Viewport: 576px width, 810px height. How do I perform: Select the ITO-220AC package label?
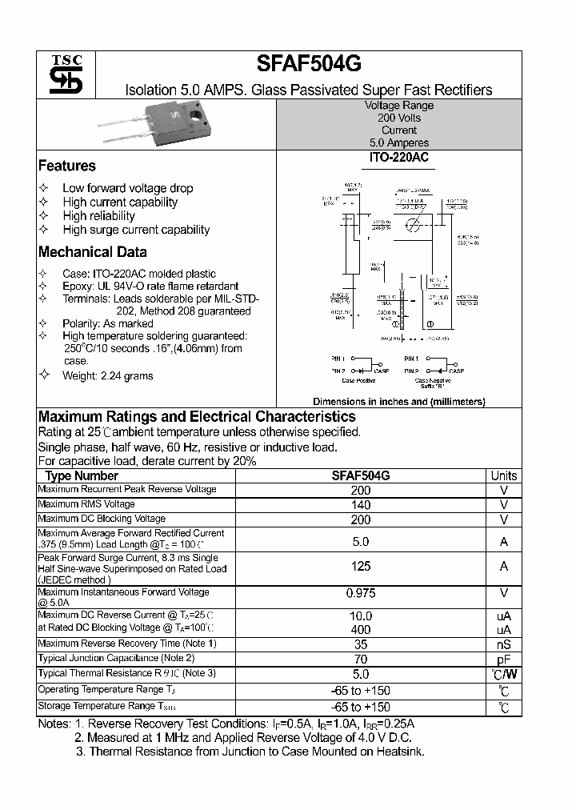point(398,158)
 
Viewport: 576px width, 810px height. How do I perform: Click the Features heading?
point(67,166)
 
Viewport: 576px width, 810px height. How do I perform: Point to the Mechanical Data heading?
point(93,251)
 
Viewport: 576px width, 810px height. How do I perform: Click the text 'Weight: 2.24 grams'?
point(108,375)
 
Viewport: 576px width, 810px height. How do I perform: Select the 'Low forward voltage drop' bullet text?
point(128,188)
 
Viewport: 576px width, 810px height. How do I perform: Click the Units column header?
point(503,475)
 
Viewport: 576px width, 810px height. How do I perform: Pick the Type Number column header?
point(82,475)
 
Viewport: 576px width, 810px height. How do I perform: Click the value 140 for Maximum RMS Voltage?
point(361,505)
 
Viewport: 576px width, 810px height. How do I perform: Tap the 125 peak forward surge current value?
point(361,567)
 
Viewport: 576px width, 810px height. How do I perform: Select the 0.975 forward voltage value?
point(361,593)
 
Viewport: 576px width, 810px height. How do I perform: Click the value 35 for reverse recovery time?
point(361,644)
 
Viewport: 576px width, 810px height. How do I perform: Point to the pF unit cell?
point(503,660)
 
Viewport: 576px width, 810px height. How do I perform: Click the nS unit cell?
point(503,644)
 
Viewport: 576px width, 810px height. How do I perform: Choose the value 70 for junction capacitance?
point(361,660)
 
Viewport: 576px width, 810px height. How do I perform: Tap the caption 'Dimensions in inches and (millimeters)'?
point(398,402)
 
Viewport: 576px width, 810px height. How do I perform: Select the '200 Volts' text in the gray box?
point(398,118)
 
